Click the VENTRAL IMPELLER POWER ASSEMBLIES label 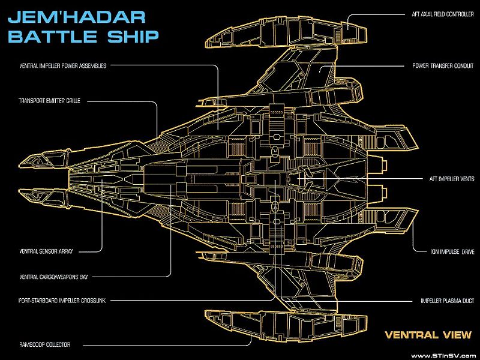point(63,66)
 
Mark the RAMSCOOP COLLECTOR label point(45,344)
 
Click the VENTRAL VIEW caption point(428,335)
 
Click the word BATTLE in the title point(51,35)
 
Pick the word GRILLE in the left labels point(88,101)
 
